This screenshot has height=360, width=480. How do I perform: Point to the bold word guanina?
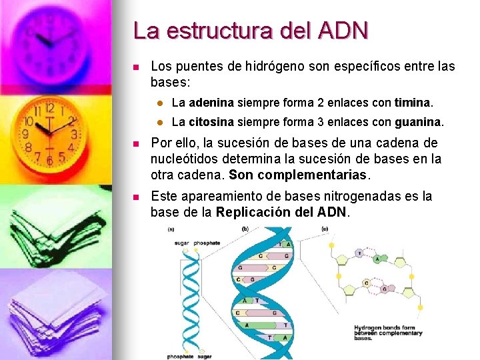pyautogui.click(x=418, y=123)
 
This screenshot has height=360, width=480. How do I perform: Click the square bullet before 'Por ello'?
pyautogui.click(x=135, y=143)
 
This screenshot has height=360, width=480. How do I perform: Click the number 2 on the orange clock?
pyautogui.click(x=71, y=122)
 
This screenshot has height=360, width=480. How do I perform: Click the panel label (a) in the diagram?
pyautogui.click(x=171, y=229)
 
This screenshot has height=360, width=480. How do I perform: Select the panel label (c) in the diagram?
pyautogui.click(x=325, y=229)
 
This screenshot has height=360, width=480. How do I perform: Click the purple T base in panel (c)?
pyautogui.click(x=360, y=253)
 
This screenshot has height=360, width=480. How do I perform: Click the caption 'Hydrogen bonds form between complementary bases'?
pyautogui.click(x=387, y=332)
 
